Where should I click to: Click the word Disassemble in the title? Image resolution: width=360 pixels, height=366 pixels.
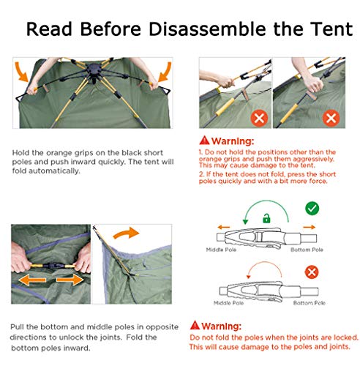207,29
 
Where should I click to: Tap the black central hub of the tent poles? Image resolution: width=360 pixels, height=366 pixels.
94,70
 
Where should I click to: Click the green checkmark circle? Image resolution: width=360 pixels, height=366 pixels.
312,209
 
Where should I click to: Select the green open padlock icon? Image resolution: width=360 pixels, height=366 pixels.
266,218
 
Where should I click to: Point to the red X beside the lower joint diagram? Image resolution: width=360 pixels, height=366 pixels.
312,272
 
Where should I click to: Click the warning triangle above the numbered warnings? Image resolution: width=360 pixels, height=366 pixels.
204,141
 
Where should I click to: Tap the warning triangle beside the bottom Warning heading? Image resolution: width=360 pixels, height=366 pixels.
195,325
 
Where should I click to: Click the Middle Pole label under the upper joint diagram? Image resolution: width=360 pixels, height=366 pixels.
221,250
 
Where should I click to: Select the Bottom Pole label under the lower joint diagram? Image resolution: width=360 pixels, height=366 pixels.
309,303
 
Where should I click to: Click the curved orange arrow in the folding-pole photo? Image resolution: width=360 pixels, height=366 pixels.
126,233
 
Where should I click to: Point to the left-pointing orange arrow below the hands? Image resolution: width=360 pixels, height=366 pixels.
32,280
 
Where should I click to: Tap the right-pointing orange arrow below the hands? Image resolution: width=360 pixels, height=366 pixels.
70,280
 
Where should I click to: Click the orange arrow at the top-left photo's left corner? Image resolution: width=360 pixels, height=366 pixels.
21,72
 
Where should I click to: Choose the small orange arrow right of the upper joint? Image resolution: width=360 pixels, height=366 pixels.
309,227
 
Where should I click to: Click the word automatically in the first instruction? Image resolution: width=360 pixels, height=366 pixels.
54,171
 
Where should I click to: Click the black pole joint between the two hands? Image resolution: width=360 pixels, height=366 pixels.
53,266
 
